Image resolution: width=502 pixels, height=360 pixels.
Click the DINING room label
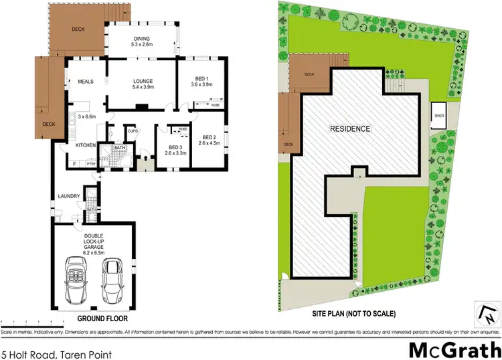pos(142,39)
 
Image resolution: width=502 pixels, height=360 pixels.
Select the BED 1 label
pos(201,78)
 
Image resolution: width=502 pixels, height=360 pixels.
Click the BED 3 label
pos(176,147)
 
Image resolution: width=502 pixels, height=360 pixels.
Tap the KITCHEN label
pos(86,145)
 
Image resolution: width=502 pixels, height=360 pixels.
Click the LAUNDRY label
pos(69,196)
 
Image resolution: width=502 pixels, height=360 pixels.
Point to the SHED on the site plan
pos(439,115)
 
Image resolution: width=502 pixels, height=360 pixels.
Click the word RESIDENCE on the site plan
pos(349,129)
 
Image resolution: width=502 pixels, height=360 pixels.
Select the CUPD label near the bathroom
pos(133,131)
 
